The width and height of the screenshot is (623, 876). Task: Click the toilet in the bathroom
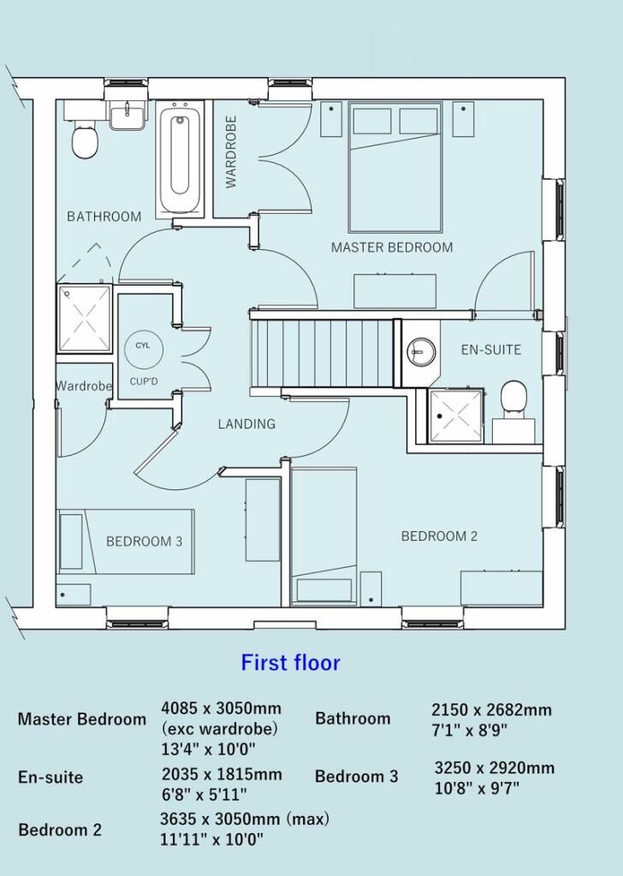[84, 141]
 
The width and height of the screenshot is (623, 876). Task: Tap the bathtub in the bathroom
[180, 159]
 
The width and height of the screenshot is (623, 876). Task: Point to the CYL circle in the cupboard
[141, 346]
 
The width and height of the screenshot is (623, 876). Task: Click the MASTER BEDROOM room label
[392, 247]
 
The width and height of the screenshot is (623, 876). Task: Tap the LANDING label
[246, 423]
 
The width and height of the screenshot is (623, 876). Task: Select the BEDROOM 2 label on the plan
[439, 536]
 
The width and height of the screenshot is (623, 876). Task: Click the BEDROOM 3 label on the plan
[144, 542]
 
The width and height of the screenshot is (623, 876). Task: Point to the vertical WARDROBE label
[231, 151]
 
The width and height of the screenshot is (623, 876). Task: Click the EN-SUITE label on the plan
[490, 350]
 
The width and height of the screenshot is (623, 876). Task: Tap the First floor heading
[290, 662]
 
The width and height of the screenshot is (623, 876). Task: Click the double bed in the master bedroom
[395, 167]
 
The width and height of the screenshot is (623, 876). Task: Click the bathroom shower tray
[85, 319]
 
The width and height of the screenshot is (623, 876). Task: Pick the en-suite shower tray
[454, 416]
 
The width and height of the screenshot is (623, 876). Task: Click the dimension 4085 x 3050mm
[221, 709]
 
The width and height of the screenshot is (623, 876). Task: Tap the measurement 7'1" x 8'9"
[470, 731]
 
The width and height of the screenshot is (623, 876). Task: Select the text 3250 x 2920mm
[494, 767]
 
